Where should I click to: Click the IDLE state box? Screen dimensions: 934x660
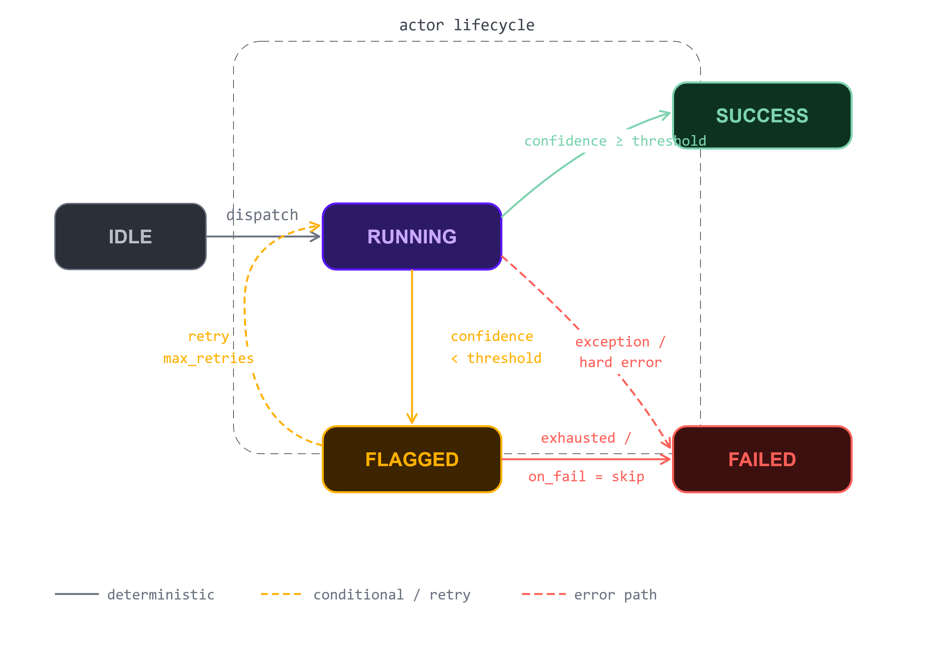pos(130,236)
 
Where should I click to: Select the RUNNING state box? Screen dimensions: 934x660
pos(412,236)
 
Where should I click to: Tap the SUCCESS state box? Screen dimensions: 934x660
pos(762,115)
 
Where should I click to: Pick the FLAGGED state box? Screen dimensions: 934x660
pos(412,459)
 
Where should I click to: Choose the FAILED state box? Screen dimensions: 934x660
pos(762,459)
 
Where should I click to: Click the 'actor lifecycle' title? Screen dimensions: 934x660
pos(467,25)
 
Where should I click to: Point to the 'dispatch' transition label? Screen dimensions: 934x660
pos(262,214)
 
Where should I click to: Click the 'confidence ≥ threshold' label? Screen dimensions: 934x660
pos(615,141)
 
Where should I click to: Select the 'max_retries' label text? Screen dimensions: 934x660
pos(208,358)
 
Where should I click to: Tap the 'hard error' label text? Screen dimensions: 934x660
pos(621,362)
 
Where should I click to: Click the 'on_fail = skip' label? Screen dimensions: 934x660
pos(586,476)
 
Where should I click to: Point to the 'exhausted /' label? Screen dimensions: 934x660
pos(586,438)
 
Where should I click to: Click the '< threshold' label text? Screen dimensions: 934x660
pos(496,358)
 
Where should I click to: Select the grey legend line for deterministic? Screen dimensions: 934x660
pos(77,594)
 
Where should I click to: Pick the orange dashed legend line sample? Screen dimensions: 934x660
pos(281,594)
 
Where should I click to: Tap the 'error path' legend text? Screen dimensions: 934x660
pos(615,595)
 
